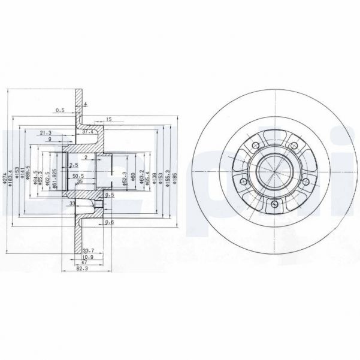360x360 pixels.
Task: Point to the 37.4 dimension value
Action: pos(87,131)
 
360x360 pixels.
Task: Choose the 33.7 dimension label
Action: pos(87,251)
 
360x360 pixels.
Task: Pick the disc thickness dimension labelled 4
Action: pos(86,105)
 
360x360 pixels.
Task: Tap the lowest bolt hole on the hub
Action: pos(274,205)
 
